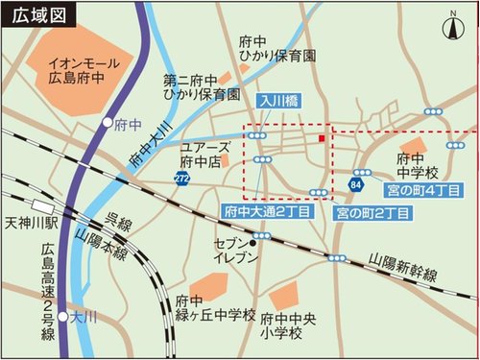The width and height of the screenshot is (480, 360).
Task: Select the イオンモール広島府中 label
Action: click(83, 69)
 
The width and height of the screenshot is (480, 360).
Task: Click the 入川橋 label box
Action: click(276, 99)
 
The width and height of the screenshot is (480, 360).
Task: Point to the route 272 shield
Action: click(182, 179)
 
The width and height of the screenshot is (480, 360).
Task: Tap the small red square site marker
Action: click(321, 139)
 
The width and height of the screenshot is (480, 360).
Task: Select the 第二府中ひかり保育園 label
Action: click(202, 87)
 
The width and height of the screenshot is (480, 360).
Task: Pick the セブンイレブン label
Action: click(235, 250)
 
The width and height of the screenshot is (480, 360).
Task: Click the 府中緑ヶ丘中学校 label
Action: click(216, 308)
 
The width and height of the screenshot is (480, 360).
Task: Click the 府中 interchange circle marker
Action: click(107, 123)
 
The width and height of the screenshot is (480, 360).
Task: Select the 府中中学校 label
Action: click(418, 164)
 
